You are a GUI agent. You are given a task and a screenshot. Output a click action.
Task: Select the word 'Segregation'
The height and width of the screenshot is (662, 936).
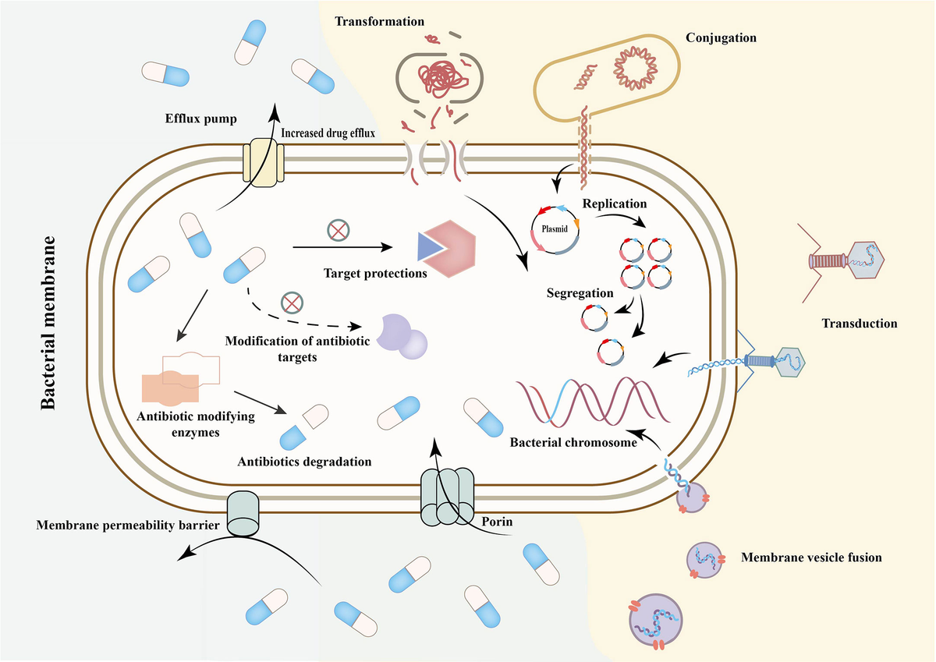coord(580,294)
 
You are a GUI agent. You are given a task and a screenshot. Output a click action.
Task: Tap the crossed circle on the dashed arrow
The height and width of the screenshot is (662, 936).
coord(292,303)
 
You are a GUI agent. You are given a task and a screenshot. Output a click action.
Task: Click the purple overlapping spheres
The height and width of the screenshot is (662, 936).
coord(402,336)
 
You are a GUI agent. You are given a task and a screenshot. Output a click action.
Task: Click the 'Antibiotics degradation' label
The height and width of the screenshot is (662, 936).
coord(303,461)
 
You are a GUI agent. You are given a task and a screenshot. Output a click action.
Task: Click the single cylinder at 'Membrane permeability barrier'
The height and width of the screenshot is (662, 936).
coord(243,512)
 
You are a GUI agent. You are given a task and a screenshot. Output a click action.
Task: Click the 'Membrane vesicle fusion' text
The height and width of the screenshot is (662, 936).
coord(811,557)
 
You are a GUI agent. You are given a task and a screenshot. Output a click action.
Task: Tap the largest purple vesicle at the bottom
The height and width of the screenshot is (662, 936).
coord(657,624)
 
